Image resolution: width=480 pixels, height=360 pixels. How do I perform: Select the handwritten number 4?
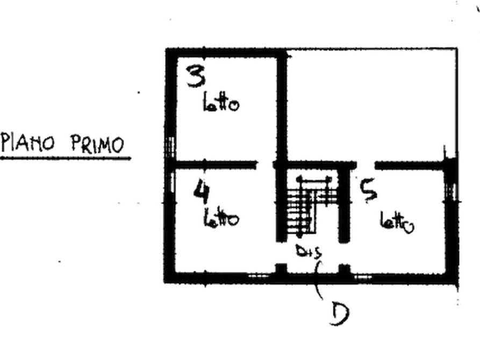[x=201, y=192]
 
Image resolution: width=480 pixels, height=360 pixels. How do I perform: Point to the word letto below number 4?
[x=221, y=218]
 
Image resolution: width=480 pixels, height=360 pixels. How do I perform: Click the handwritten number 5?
[x=370, y=192]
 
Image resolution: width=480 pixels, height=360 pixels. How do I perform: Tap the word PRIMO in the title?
[x=97, y=144]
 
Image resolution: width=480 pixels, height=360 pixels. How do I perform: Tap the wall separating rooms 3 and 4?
[x=215, y=164]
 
